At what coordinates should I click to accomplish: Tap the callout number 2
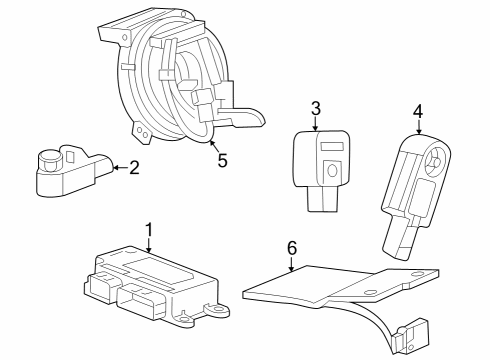click(132, 169)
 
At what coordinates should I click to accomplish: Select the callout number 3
click(315, 108)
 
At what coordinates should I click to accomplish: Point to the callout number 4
click(418, 111)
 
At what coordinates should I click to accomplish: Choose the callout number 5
click(222, 159)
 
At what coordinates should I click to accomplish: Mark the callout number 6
click(291, 247)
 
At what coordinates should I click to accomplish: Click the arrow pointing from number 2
click(117, 169)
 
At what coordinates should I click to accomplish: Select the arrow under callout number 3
click(315, 124)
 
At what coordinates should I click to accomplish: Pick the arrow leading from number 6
click(291, 263)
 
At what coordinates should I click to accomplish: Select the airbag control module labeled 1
click(150, 285)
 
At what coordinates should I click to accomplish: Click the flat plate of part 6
click(310, 287)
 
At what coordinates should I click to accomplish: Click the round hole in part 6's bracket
click(372, 292)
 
